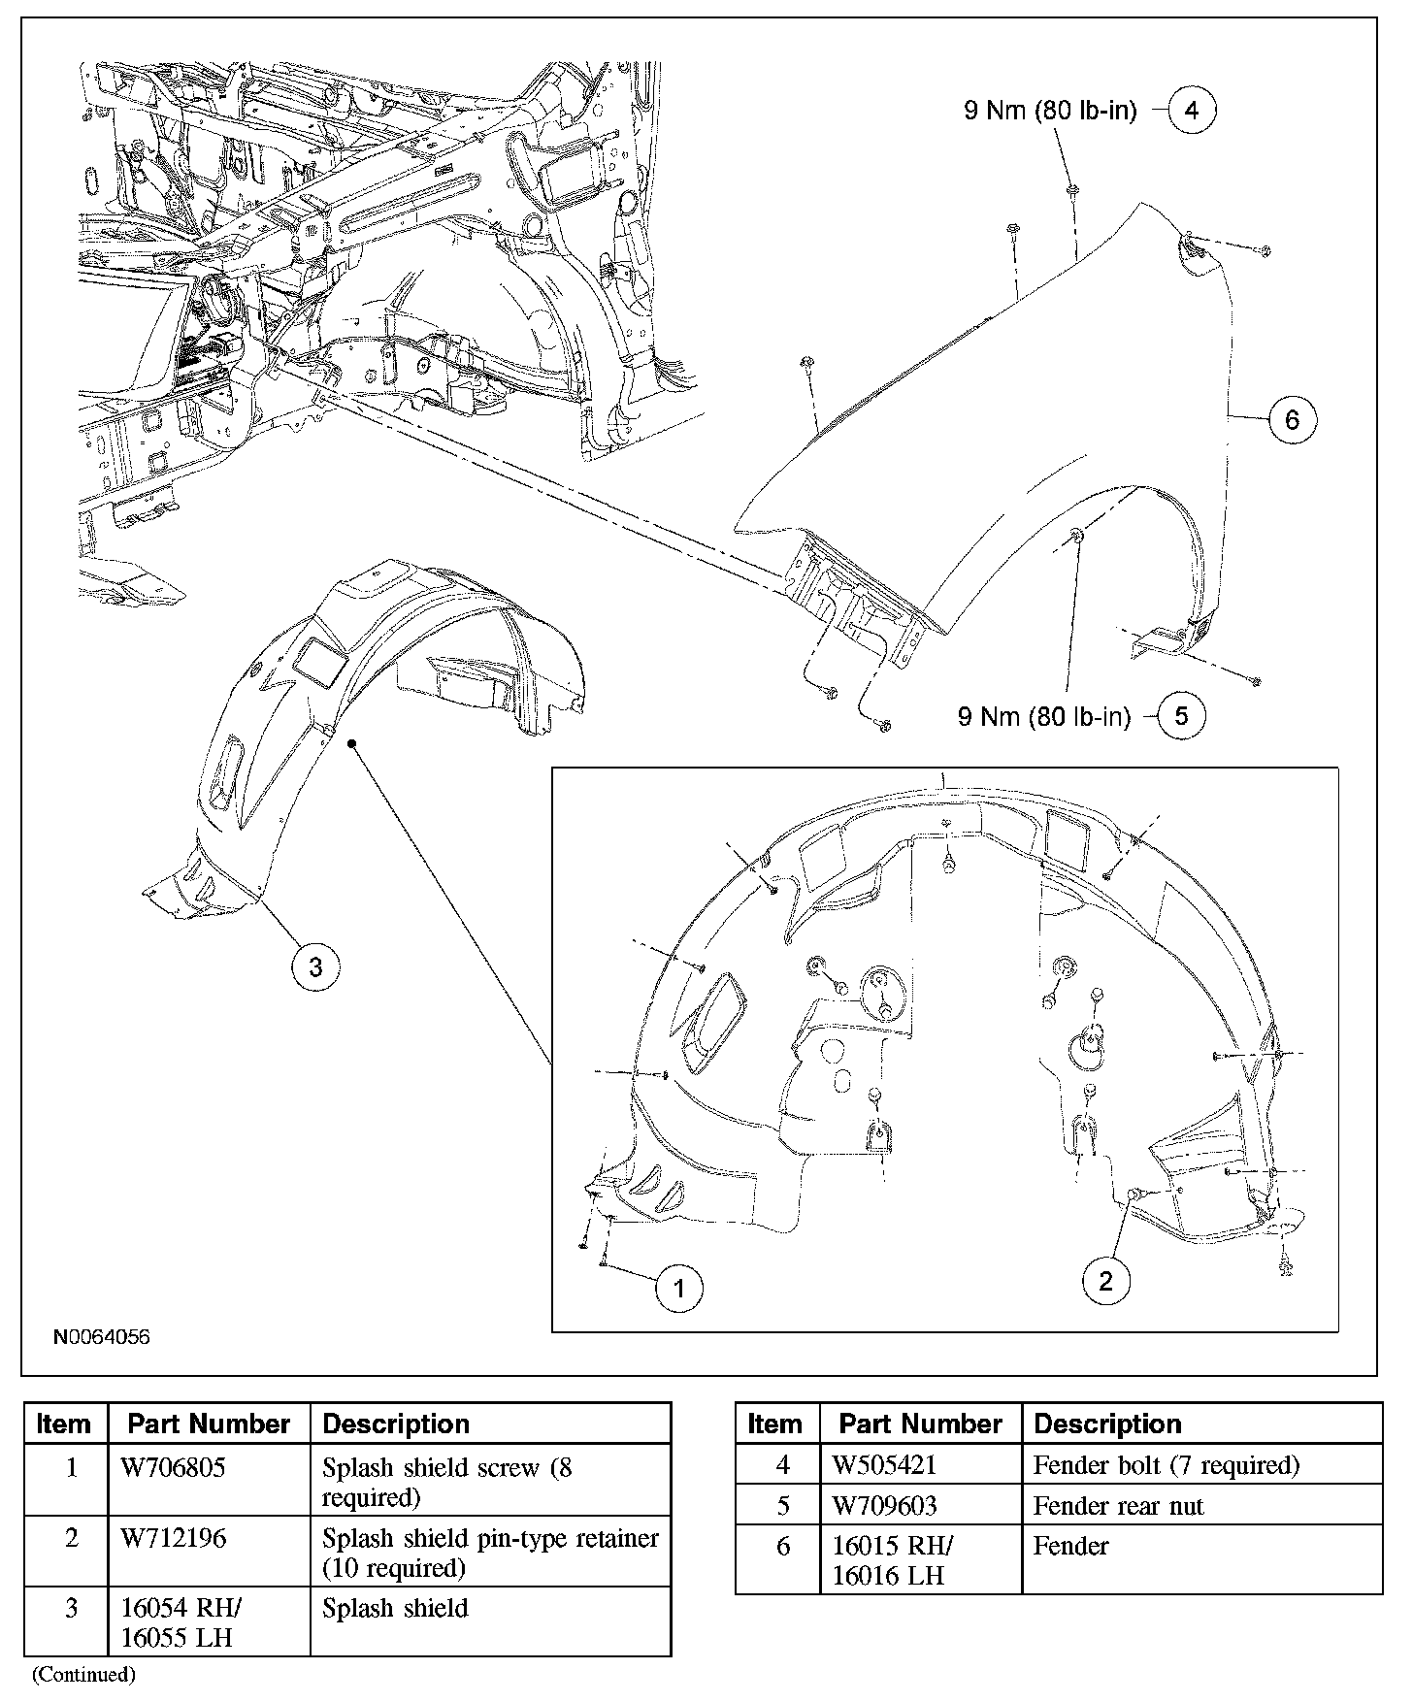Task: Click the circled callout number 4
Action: tap(1192, 111)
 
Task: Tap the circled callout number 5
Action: tap(1181, 716)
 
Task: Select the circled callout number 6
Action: tap(1292, 420)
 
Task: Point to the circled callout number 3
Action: tap(315, 966)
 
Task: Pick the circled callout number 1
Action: tap(678, 1289)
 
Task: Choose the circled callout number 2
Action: tap(1106, 1282)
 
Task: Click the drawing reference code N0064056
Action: tap(102, 1337)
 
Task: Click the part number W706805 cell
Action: tap(173, 1468)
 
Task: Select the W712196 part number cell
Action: tap(173, 1539)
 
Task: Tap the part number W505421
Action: tap(884, 1464)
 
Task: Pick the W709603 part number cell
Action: tap(884, 1506)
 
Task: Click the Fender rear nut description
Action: tap(1118, 1506)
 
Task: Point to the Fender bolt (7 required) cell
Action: tap(1166, 1464)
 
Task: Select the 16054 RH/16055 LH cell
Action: tap(181, 1622)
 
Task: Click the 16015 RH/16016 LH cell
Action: tap(892, 1560)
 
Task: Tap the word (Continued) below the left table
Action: tap(84, 1675)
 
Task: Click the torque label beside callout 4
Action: tap(1050, 111)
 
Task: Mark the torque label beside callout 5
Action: tap(1044, 717)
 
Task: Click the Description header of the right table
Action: tap(1107, 1424)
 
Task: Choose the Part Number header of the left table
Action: tap(209, 1424)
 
